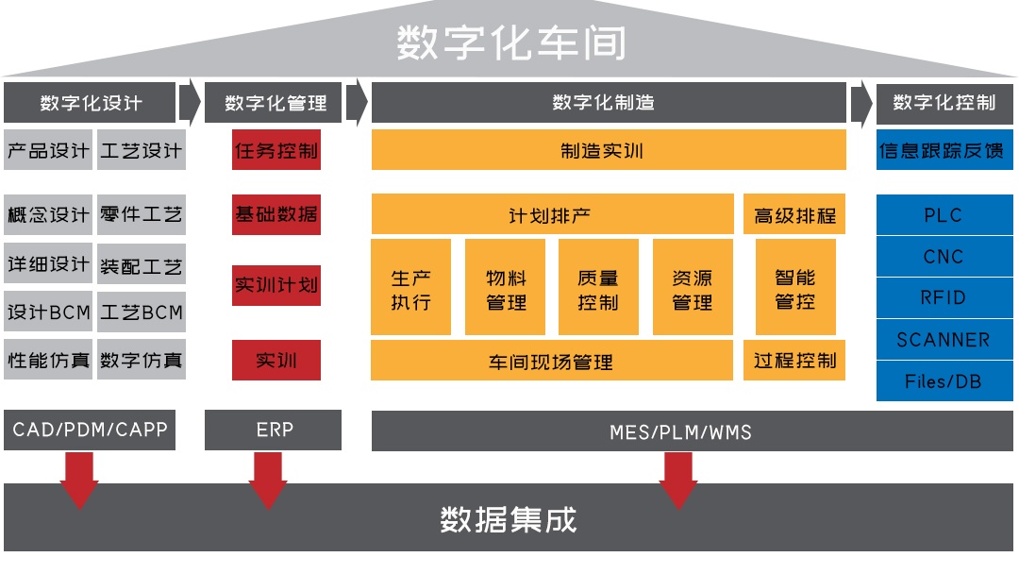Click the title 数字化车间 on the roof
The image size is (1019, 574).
[x=509, y=42]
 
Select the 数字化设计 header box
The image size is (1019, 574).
[x=90, y=103]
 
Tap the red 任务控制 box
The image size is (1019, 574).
[x=276, y=150]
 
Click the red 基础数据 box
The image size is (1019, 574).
[x=276, y=214]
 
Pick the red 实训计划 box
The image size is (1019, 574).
[x=276, y=285]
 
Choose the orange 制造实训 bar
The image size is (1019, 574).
[x=609, y=150]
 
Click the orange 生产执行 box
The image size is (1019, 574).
[x=411, y=288]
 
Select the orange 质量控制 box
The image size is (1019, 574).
[x=598, y=288]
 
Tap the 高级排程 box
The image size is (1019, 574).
[x=794, y=214]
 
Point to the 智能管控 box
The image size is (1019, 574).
[x=794, y=288]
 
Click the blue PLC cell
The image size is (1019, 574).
[x=944, y=215]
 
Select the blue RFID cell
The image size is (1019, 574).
[x=944, y=298]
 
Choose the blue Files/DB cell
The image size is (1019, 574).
[x=944, y=381]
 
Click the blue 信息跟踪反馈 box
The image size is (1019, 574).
[x=944, y=150]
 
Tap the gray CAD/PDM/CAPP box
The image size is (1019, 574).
[x=90, y=430]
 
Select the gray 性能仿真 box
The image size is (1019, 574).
[x=48, y=360]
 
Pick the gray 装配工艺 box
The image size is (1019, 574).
[x=142, y=265]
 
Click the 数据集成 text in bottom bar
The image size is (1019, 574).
[x=509, y=519]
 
